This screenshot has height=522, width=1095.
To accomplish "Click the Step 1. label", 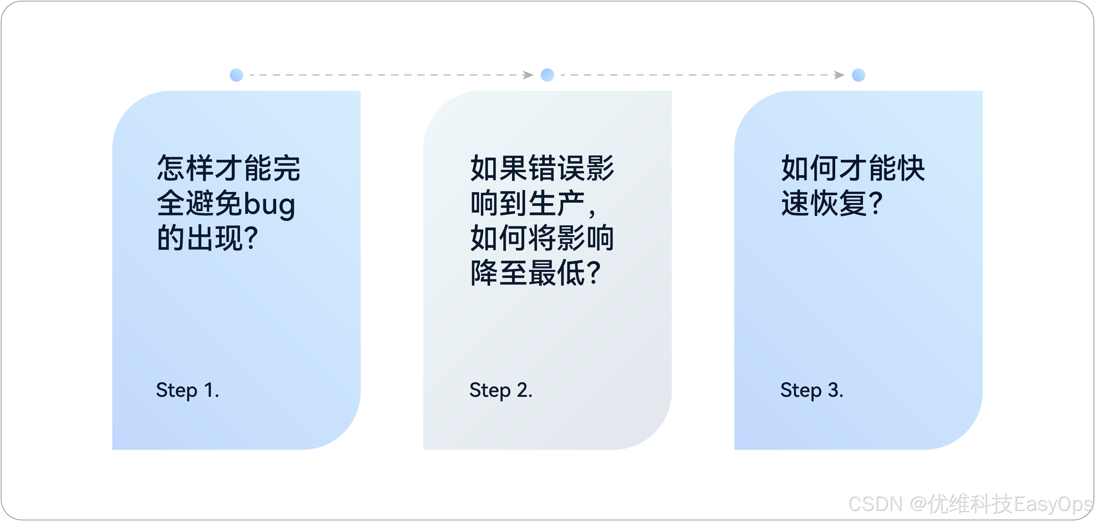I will coord(187,390).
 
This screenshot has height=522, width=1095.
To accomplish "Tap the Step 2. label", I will coord(501,390).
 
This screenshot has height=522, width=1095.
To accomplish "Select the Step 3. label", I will coord(812,390).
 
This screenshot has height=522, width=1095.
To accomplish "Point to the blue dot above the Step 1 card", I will coord(236,75).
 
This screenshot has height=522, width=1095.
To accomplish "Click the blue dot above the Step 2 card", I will coord(547,75).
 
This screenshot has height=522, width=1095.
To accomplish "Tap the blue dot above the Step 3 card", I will coord(859,75).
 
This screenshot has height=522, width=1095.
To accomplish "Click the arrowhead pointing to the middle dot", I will coord(528,75).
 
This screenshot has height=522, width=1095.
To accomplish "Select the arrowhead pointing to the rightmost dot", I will coord(840,75).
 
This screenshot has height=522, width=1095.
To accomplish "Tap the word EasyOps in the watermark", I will coord(1053,504).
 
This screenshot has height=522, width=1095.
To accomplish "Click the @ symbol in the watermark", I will coord(917,504).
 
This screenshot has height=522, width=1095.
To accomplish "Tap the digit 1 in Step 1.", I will coord(209,390).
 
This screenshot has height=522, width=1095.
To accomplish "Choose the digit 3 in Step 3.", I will coord(833,390).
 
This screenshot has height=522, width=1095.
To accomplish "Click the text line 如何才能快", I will coord(853,168).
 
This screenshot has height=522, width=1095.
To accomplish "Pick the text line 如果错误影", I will coord(542,168).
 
